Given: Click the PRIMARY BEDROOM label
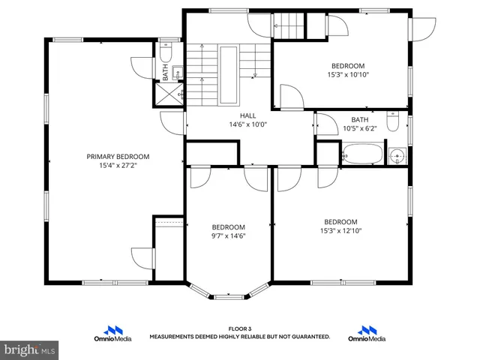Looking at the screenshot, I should coord(118,157).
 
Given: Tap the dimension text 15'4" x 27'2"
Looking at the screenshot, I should coord(118,165).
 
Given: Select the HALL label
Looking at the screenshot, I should coord(247,115).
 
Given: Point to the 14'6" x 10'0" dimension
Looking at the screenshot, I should coord(247,124).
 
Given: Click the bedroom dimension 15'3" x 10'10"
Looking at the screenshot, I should coord(348,74).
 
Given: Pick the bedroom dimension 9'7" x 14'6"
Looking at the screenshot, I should coord(228,235).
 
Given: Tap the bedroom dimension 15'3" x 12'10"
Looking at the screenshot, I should coord(340,230).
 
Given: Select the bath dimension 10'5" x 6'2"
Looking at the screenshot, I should coord(360,128).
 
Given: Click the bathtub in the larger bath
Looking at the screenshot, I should coord(362,157).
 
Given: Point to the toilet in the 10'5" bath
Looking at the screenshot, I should coord(392,121).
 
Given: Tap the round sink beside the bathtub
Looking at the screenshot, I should coord(397,157).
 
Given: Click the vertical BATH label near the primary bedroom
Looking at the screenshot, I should coord(166,72).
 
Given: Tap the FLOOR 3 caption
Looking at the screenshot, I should coord(240,328).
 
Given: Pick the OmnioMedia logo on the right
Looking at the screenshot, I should coord(367,333).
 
